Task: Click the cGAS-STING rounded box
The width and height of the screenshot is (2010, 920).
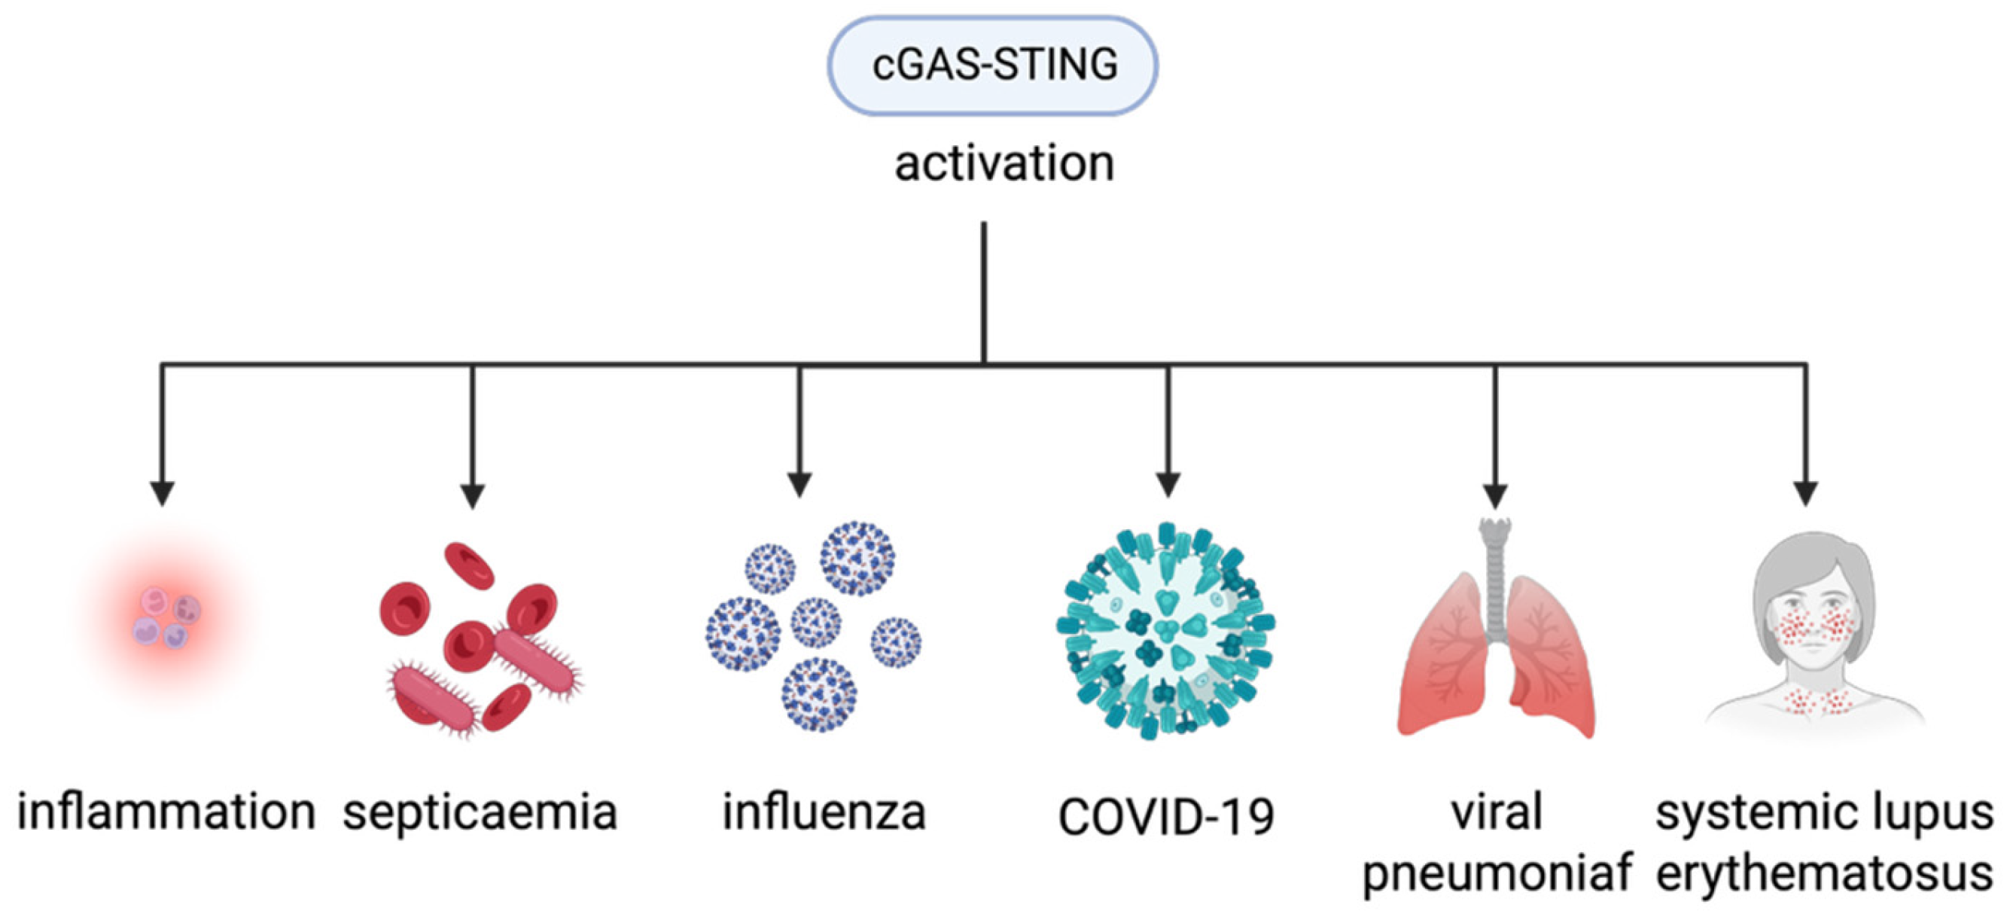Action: (x=992, y=65)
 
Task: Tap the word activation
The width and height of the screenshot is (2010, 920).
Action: (x=1003, y=164)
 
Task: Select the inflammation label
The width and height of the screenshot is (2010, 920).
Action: (x=166, y=812)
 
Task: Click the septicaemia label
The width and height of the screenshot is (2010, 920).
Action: (x=480, y=813)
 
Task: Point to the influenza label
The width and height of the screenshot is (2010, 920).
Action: (x=824, y=812)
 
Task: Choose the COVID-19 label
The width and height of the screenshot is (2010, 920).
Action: (x=1166, y=816)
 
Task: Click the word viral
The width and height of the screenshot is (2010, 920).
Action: (x=1496, y=812)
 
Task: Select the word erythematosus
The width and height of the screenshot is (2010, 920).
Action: (x=1824, y=873)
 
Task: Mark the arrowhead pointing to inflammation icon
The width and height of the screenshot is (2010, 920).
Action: (x=162, y=493)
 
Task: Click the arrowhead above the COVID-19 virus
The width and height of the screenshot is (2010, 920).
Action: (x=1168, y=485)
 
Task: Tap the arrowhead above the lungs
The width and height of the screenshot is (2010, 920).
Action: (x=1495, y=495)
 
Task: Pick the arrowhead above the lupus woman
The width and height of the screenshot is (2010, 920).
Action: (x=1805, y=493)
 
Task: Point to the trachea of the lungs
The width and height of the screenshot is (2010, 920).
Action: (x=1495, y=577)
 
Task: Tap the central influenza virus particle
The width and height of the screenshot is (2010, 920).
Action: (x=815, y=622)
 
